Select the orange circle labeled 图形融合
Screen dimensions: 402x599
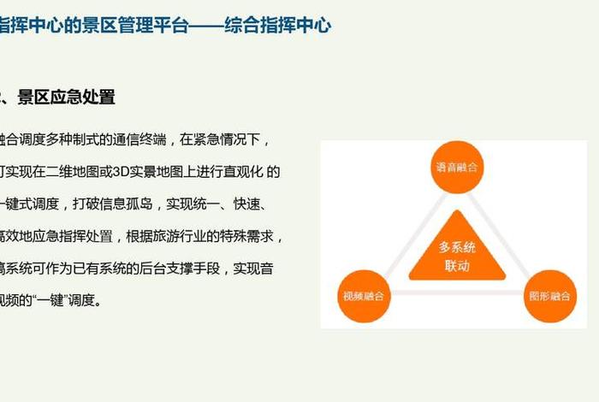[x=549, y=297]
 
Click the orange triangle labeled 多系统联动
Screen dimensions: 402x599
[x=457, y=253]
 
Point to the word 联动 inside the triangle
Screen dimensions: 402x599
[x=457, y=265]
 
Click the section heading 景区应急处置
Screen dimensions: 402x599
[x=66, y=98]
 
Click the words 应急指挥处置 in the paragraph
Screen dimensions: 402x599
[x=75, y=236]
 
